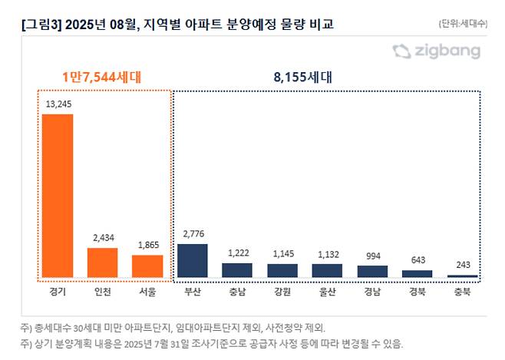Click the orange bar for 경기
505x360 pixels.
click(x=58, y=195)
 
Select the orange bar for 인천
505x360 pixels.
click(x=102, y=262)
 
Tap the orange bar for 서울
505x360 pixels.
click(x=147, y=265)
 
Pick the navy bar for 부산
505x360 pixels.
click(x=192, y=260)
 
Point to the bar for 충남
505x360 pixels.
click(x=237, y=269)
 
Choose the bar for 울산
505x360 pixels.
click(x=327, y=269)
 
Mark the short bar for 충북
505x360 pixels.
click(x=462, y=275)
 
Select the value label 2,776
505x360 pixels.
click(x=192, y=233)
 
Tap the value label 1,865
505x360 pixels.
click(x=147, y=244)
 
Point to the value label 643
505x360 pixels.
click(x=417, y=260)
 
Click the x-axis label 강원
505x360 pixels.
click(x=282, y=291)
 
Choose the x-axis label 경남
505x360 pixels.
click(x=372, y=291)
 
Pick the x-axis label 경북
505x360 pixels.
click(x=417, y=291)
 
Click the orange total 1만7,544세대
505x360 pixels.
click(x=102, y=77)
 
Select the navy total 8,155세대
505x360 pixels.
click(x=304, y=77)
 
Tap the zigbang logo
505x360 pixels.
click(x=436, y=51)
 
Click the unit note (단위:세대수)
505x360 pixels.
click(x=462, y=23)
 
